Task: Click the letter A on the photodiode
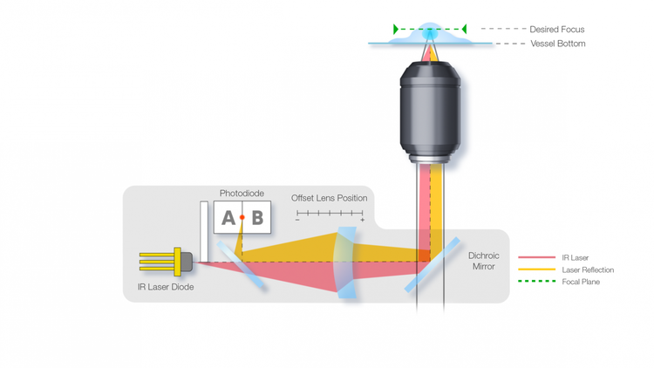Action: click(228, 218)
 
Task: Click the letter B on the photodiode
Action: click(257, 218)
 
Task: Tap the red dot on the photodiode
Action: click(242, 218)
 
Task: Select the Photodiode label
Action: click(242, 194)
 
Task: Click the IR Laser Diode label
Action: click(166, 287)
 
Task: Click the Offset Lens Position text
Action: click(330, 198)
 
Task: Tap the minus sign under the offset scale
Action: click(297, 221)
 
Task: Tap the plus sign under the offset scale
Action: click(362, 221)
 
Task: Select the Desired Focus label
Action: click(557, 30)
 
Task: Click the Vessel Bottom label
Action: click(558, 44)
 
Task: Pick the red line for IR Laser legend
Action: click(536, 258)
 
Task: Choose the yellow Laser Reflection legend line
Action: click(536, 270)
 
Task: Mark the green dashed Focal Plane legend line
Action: click(536, 283)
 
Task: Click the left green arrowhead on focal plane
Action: click(397, 30)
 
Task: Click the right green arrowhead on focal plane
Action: click(464, 30)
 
